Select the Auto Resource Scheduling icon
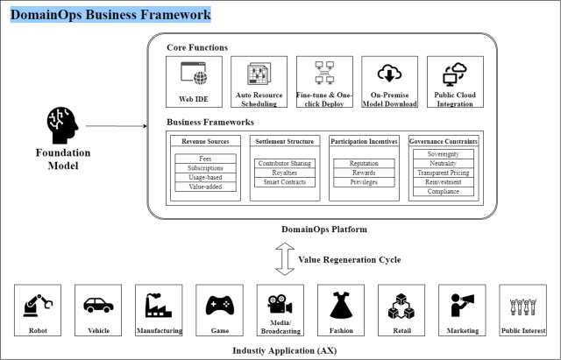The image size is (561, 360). (x=259, y=74)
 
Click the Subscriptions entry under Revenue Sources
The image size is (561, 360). (x=205, y=166)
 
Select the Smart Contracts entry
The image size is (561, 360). (x=285, y=182)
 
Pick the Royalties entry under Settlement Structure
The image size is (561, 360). (x=285, y=173)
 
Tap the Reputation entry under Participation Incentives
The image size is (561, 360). (x=364, y=163)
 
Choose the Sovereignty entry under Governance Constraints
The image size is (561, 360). (x=444, y=153)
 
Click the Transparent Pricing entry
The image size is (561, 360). (x=444, y=173)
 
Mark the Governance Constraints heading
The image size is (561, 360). (x=444, y=140)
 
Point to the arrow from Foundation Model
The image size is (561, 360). (x=123, y=126)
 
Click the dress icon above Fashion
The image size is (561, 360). (x=341, y=305)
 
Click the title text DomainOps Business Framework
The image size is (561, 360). (x=110, y=16)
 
